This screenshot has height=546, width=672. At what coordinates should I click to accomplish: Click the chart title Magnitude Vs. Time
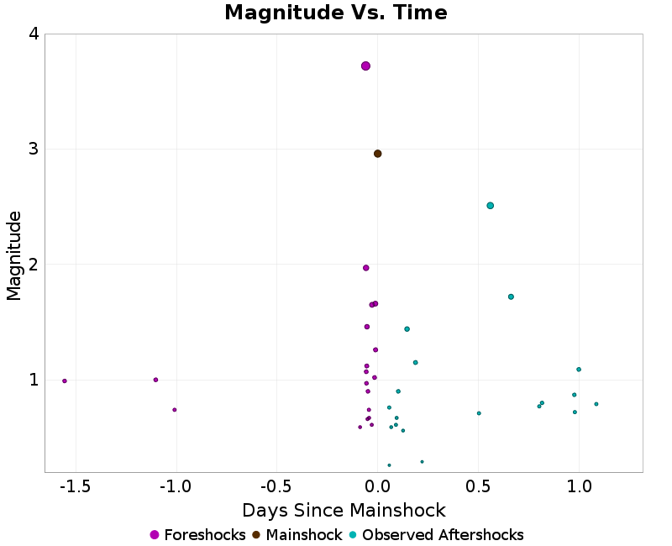pos(336,13)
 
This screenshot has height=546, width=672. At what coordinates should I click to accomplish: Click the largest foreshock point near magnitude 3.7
pos(365,66)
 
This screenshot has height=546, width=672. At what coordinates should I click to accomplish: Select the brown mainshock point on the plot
pos(377,154)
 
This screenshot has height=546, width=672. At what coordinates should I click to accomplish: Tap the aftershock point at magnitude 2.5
pos(490,206)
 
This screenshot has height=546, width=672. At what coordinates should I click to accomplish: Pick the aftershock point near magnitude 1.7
pos(511,297)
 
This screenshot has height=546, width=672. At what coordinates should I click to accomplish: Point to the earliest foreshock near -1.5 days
pos(65,381)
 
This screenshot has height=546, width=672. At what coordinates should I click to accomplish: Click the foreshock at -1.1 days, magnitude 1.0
pos(155,380)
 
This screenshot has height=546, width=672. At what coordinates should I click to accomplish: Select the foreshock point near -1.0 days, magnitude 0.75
pos(174,410)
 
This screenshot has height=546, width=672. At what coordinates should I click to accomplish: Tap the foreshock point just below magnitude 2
pos(365,268)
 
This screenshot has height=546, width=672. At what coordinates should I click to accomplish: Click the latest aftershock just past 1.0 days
pos(596,404)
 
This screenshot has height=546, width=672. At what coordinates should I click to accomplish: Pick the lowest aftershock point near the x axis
pos(389,465)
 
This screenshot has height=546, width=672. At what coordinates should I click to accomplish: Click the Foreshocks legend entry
pos(197,535)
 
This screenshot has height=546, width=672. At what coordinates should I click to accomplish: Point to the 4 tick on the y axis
pos(33,34)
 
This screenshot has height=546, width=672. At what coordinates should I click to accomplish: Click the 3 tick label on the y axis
pos(33,150)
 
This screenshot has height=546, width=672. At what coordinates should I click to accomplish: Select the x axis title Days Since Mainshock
pos(344,510)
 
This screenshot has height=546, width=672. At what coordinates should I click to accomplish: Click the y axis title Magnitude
pos(13,255)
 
